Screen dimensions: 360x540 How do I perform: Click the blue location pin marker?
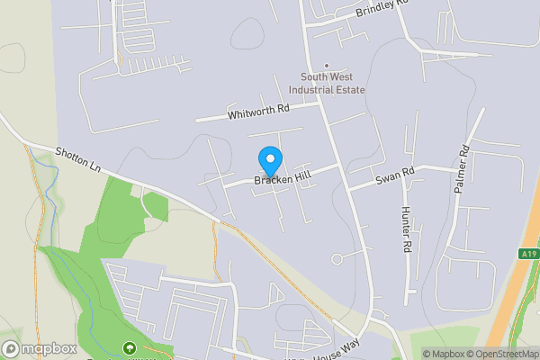269,161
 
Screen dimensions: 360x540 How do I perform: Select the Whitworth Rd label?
258,110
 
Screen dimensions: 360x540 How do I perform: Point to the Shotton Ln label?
77,159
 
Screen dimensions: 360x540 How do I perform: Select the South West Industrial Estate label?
327,84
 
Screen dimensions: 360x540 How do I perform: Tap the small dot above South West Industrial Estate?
327,65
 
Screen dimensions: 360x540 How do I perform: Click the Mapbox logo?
39,348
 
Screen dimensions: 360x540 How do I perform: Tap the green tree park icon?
129,347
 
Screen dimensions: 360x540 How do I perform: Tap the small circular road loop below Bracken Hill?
337,259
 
